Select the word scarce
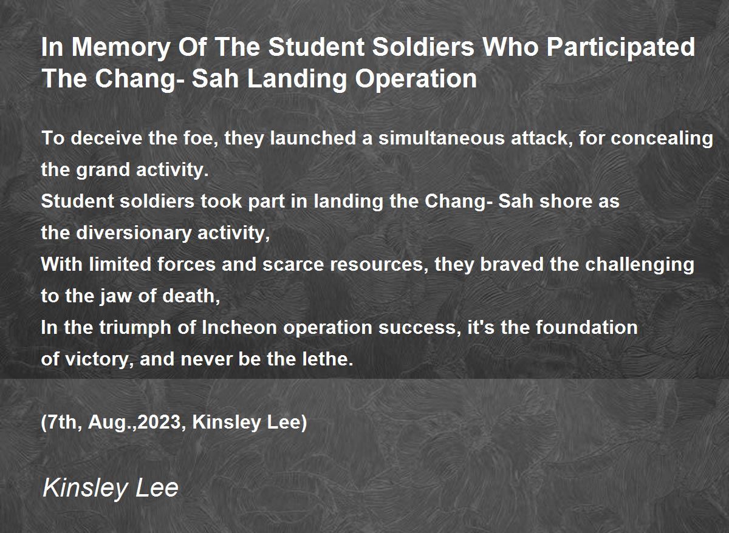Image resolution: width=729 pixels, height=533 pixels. click(293, 265)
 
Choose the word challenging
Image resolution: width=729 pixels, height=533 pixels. click(640, 265)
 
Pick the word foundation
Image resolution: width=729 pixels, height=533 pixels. click(587, 327)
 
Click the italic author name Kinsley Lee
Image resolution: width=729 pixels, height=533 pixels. click(111, 488)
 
